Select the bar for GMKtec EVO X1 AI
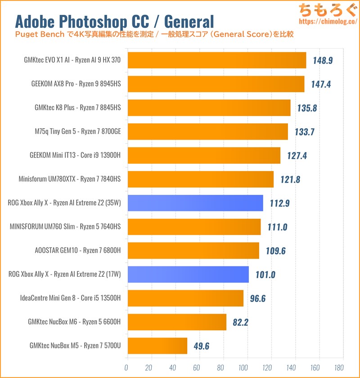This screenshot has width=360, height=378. (216, 60)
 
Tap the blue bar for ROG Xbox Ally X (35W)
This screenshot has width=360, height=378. (195, 203)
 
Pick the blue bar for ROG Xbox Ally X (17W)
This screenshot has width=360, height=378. (188, 274)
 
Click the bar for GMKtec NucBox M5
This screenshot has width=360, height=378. (157, 346)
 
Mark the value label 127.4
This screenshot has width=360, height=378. (296, 155)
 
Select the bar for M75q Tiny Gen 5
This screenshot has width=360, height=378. (207, 131)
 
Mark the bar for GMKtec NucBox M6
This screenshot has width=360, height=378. (176, 322)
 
